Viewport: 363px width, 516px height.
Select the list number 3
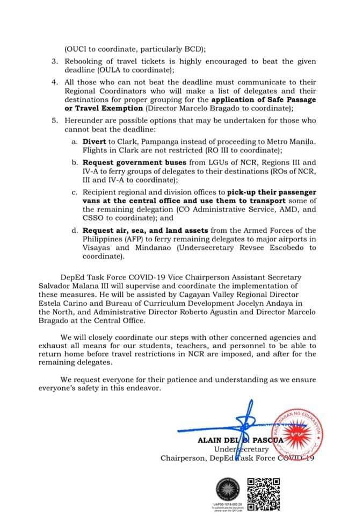tap(54, 62)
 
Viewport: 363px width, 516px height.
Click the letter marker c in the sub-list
tap(74, 192)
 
